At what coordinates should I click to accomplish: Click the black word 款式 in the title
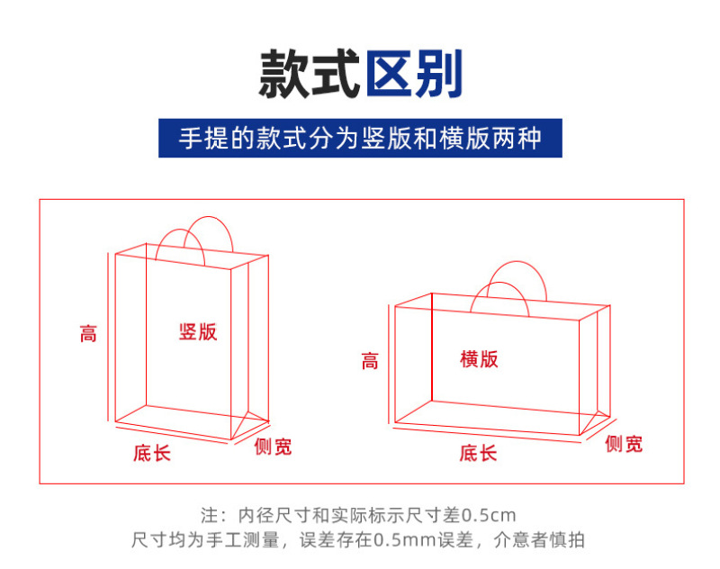pos(309,74)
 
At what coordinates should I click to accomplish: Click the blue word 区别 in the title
pos(414,74)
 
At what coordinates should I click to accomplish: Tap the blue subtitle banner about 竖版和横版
pos(360,138)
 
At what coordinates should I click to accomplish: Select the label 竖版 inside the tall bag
pos(198,331)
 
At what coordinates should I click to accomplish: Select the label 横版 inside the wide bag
pos(479,358)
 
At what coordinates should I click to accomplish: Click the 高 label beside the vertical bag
pos(88,333)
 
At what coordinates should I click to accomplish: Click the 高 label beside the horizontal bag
pos(370,361)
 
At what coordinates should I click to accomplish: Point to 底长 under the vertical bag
pos(152,453)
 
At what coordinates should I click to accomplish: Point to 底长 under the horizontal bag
pos(478,453)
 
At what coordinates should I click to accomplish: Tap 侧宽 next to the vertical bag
pos(273,447)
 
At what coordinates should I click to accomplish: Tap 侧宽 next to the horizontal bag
pos(624,444)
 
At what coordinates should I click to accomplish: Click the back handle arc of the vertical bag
pos(209,217)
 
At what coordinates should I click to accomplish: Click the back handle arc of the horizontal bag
pos(517,262)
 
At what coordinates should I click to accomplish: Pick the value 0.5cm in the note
pos(488,515)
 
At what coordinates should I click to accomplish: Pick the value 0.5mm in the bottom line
pos(404,540)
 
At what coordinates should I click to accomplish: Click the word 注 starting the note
pos(209,515)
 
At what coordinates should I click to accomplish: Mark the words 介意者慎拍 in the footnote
pos(539,540)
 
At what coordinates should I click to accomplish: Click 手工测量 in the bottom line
pos(242,540)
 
